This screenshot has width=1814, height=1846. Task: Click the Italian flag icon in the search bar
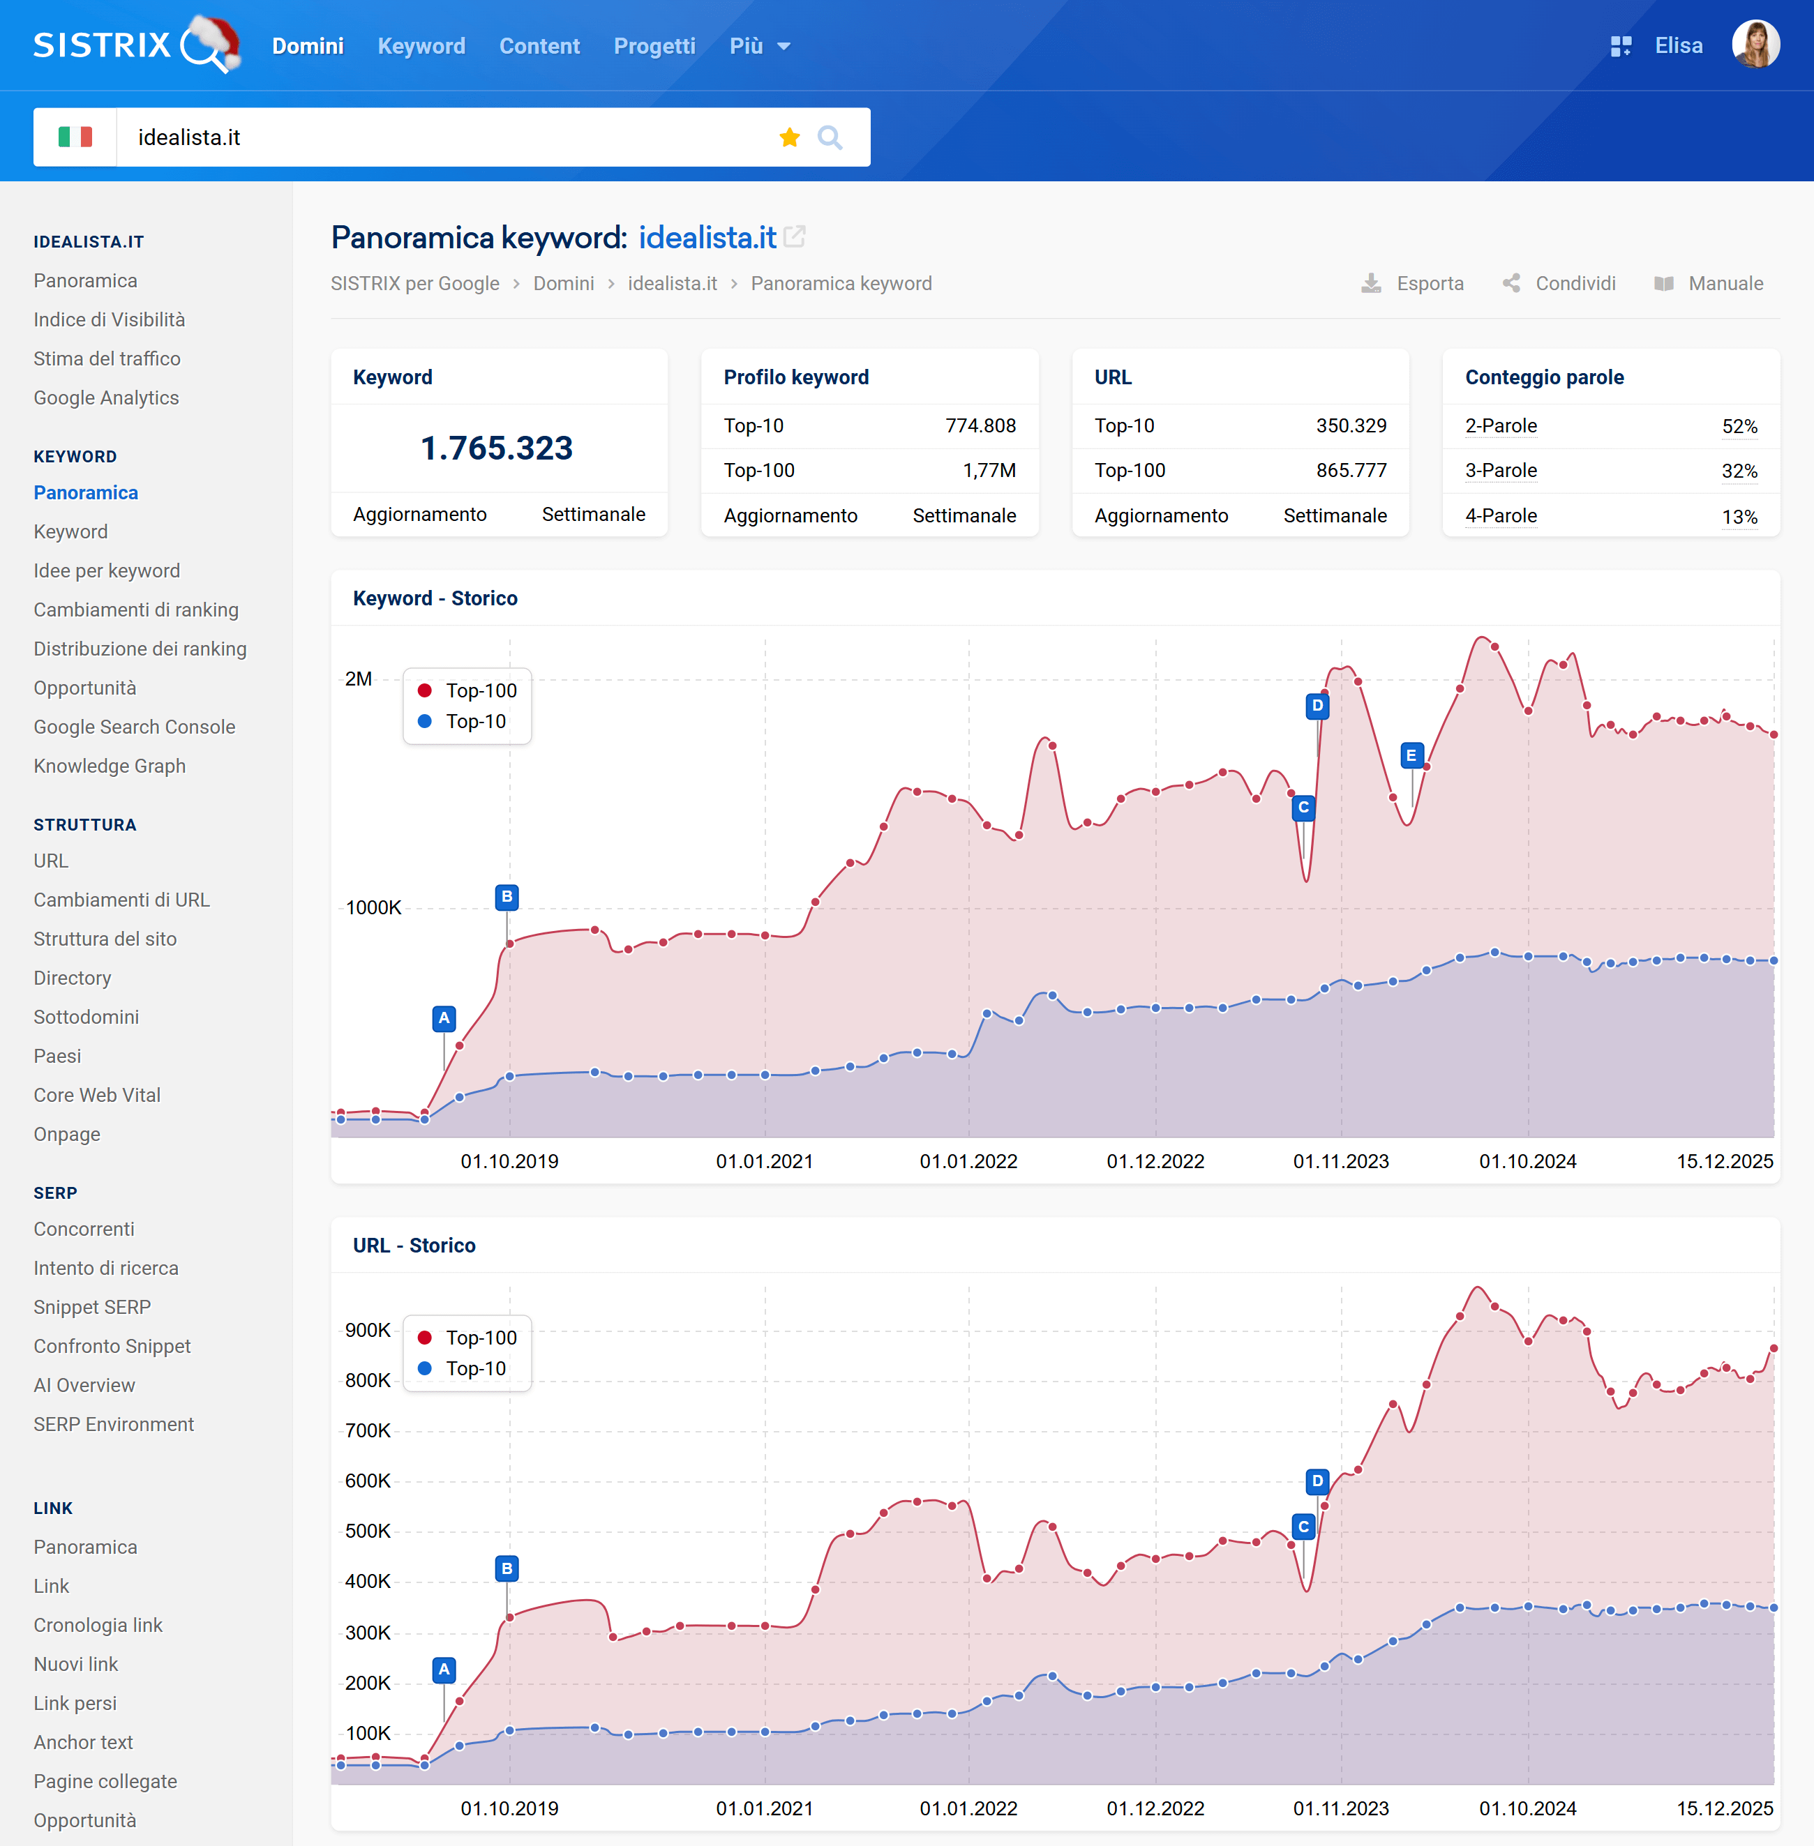(x=75, y=137)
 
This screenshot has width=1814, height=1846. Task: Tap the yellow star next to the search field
(x=789, y=137)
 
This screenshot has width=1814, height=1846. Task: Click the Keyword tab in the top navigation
(x=421, y=46)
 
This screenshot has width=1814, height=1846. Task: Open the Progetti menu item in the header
(x=654, y=46)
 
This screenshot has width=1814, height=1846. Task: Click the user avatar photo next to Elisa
(x=1755, y=45)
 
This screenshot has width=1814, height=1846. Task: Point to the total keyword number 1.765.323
(x=496, y=448)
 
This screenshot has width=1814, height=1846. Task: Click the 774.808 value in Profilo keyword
(x=980, y=426)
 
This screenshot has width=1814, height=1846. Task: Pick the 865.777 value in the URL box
(x=1350, y=471)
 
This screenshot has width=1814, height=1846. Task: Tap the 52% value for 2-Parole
(x=1739, y=426)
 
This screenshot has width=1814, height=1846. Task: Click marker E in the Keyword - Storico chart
(x=1411, y=755)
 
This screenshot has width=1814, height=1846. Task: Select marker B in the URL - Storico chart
(x=507, y=1568)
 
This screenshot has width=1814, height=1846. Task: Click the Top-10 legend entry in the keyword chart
(x=474, y=721)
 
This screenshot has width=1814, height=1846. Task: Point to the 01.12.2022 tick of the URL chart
(x=1155, y=1808)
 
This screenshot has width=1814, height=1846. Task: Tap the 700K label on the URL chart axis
(x=368, y=1430)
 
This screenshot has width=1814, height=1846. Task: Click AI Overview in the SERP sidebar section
(x=84, y=1385)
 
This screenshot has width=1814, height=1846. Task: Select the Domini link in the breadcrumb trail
(x=563, y=283)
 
